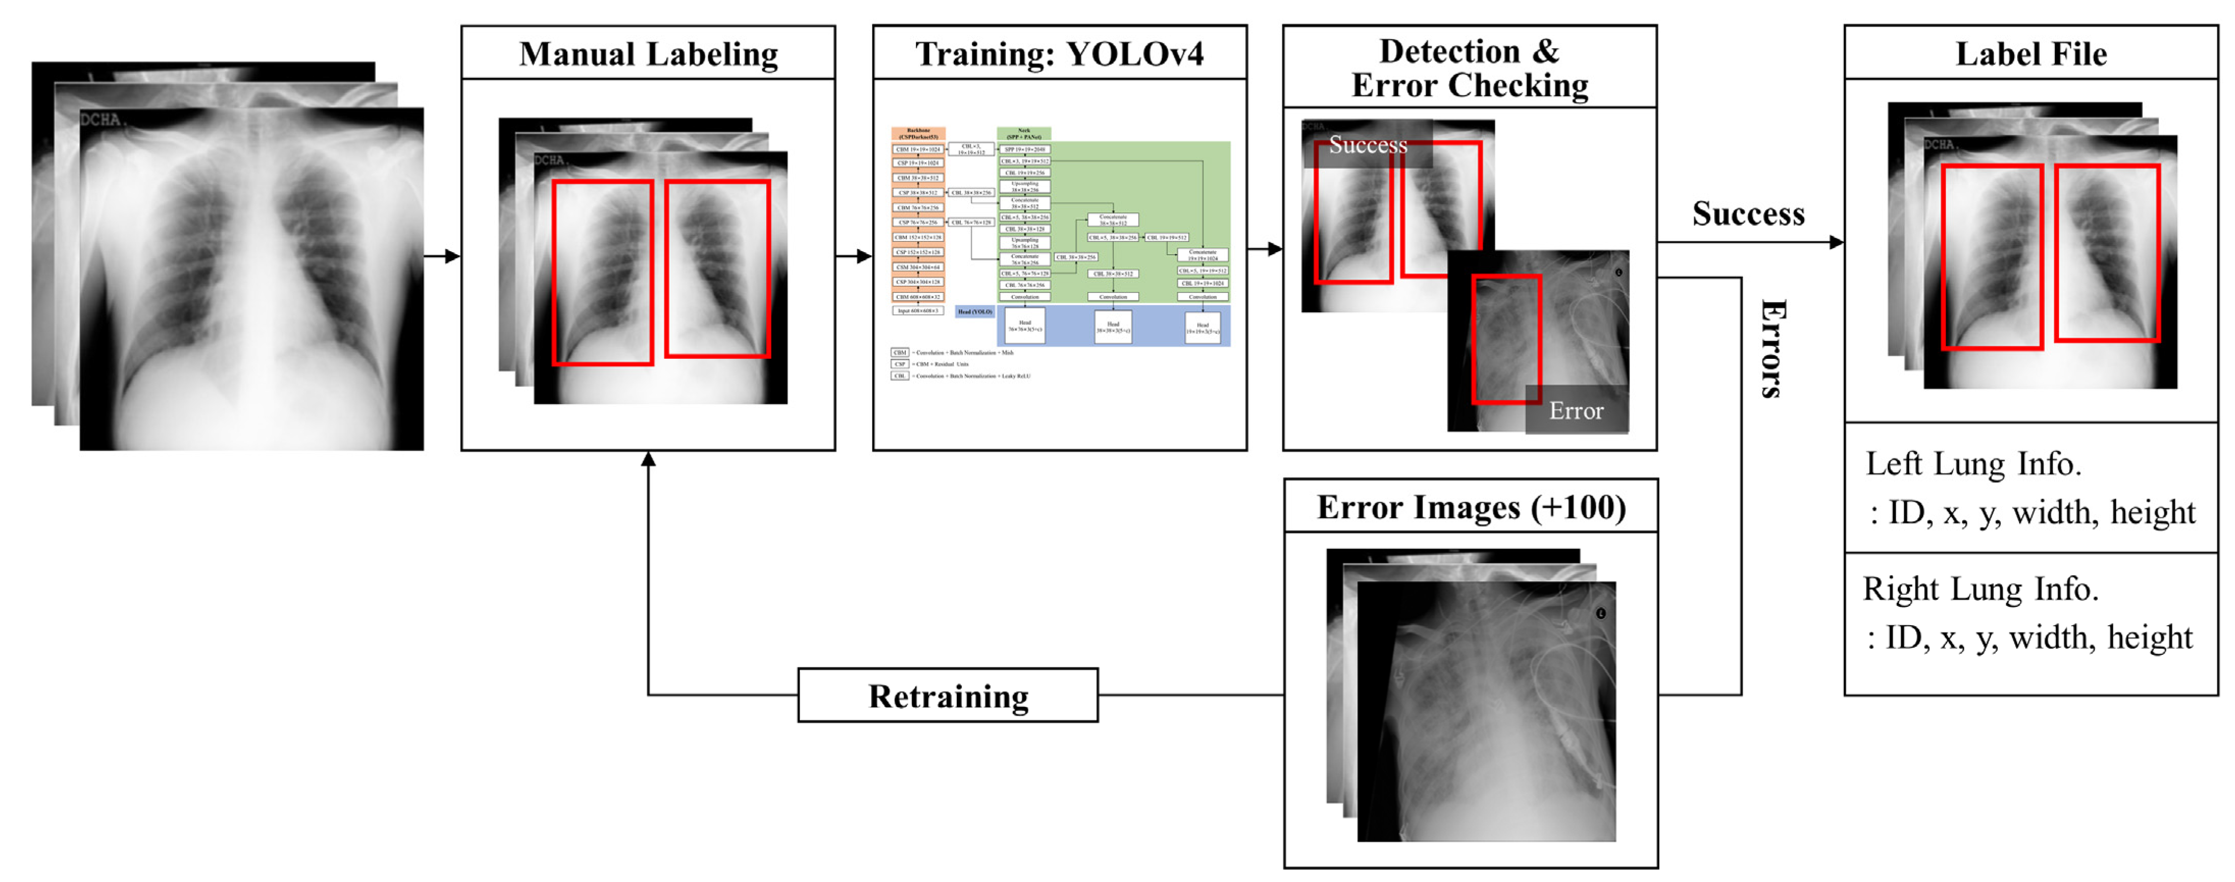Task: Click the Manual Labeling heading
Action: pos(648,54)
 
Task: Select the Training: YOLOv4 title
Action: pos(1059,54)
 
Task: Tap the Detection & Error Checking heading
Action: pos(1470,68)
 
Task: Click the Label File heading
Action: pos(2031,54)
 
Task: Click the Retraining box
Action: pos(948,695)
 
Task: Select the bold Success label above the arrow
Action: pos(1748,213)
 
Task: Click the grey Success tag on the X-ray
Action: pos(1367,144)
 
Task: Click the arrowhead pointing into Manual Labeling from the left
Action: pos(452,256)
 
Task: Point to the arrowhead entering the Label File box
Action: pos(1836,242)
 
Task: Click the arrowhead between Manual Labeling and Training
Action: pos(864,256)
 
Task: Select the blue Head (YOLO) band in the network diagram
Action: pos(1114,326)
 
